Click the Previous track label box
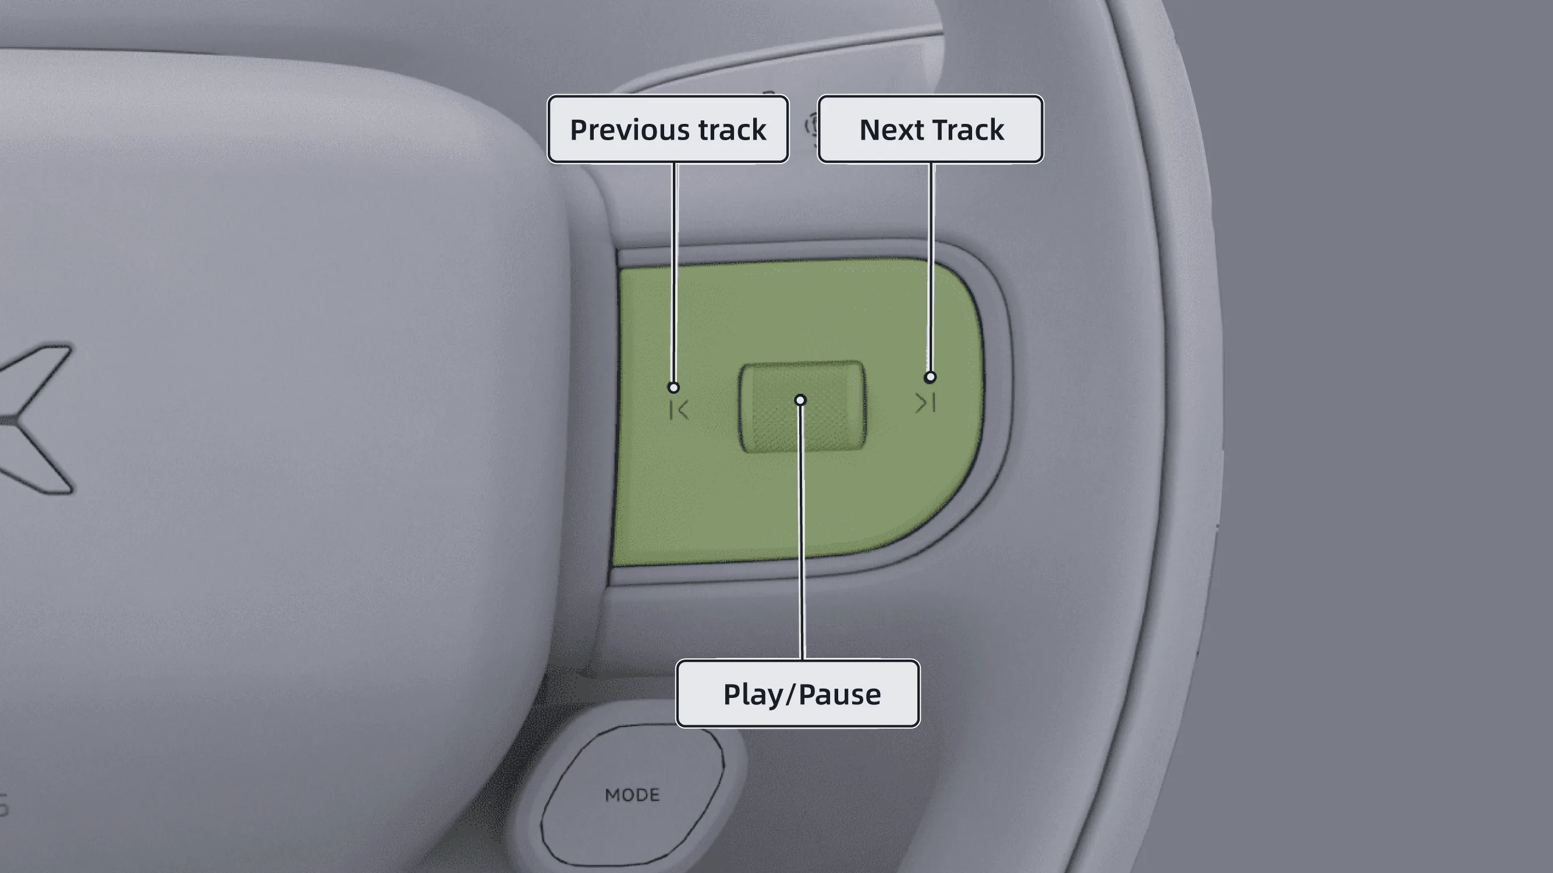[668, 129]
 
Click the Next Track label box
[930, 129]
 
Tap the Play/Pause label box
[797, 693]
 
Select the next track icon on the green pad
[926, 402]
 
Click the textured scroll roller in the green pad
[803, 407]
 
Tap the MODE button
[632, 794]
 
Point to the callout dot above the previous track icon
[673, 387]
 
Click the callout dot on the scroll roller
[800, 400]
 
